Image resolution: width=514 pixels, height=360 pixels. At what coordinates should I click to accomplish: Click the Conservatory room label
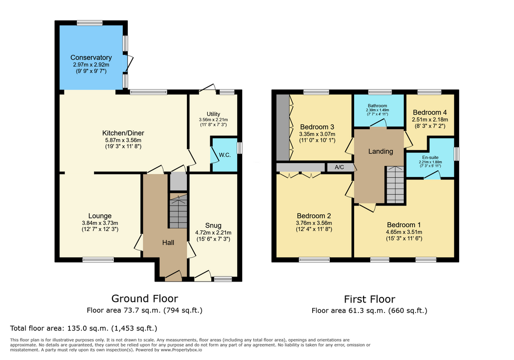(x=91, y=57)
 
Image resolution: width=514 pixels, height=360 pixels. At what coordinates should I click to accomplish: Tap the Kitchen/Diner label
(x=123, y=133)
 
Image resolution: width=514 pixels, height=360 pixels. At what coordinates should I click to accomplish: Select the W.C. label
(x=225, y=155)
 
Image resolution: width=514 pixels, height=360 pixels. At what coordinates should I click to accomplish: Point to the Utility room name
(x=213, y=114)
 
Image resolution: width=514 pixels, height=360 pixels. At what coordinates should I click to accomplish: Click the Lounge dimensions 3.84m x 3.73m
(x=100, y=223)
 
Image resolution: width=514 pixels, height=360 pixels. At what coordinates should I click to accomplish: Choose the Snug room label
(x=213, y=225)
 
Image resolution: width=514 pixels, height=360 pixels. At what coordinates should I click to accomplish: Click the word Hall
(x=168, y=242)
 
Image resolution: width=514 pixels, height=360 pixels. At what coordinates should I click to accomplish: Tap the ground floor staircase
(x=178, y=210)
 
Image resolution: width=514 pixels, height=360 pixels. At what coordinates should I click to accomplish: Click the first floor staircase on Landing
(x=395, y=185)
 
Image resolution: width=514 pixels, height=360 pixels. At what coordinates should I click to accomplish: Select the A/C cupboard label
(x=339, y=167)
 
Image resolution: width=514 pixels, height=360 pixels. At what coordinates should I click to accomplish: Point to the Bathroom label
(x=377, y=105)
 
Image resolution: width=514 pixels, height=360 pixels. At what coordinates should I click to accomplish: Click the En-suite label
(x=430, y=157)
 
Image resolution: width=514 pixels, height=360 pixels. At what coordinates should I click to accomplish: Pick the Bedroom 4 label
(x=430, y=112)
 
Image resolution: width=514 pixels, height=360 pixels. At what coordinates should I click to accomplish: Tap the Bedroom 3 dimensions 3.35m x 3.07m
(x=317, y=134)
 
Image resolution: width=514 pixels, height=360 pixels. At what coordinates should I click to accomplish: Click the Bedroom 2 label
(x=314, y=215)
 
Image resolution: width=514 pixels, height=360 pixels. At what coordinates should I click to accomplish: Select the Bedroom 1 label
(x=404, y=225)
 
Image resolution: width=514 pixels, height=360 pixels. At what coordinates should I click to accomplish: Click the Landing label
(x=380, y=151)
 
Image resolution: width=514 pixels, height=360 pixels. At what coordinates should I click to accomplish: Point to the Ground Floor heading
(x=144, y=298)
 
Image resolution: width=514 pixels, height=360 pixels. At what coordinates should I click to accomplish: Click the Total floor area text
(x=83, y=328)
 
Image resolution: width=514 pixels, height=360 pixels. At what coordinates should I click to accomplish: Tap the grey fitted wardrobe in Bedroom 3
(x=283, y=127)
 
